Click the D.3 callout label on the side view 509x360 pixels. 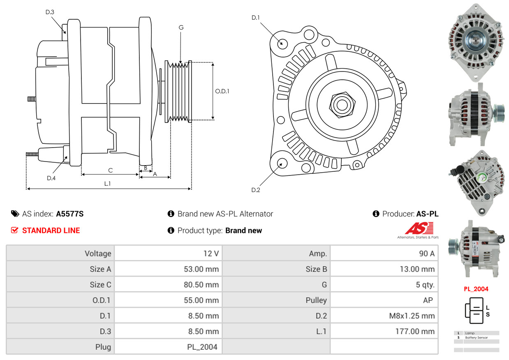tap(50, 12)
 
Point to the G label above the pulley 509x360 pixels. tap(181, 28)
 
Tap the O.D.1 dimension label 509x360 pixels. tap(222, 91)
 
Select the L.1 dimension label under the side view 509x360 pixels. tap(107, 184)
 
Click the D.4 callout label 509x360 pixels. tap(51, 178)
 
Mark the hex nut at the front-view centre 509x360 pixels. tap(342, 105)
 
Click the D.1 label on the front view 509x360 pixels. tap(255, 18)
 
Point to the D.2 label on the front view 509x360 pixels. tap(256, 190)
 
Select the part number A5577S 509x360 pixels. tap(70, 214)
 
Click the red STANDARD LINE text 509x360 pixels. tap(51, 230)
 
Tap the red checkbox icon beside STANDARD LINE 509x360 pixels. tap(14, 230)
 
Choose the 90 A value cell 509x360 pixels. tap(427, 254)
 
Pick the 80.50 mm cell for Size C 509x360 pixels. tap(201, 285)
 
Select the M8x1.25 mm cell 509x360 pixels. tap(412, 316)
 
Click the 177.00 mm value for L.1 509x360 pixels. tap(415, 331)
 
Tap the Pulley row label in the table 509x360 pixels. tap(316, 300)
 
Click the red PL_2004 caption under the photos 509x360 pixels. tap(476, 289)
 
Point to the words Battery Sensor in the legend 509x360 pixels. tap(476, 337)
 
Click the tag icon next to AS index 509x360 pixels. tap(15, 214)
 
